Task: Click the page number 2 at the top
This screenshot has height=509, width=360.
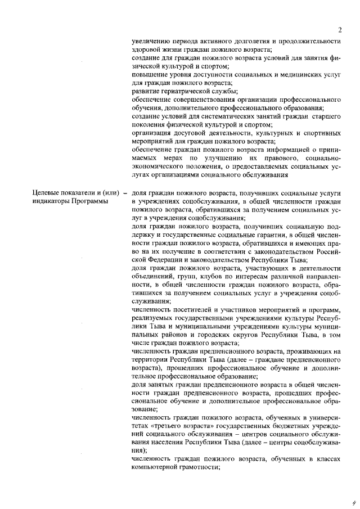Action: (340, 29)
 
